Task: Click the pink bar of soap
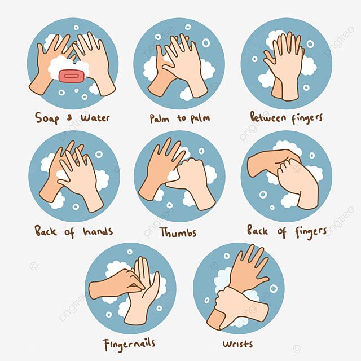coord(72,76)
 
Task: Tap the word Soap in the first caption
coord(47,118)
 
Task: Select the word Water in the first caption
coord(95,118)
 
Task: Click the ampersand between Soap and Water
coord(69,118)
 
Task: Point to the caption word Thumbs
coord(178,232)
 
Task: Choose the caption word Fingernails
coord(129,345)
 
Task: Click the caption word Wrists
coord(237,344)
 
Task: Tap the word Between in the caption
coord(268,117)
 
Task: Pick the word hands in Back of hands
coord(98,231)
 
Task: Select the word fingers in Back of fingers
coord(311,232)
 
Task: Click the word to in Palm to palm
coord(181,118)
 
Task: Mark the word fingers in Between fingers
coord(307,118)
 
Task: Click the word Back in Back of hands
coord(45,231)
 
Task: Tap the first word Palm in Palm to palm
coord(160,118)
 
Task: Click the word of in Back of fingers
coord(282,232)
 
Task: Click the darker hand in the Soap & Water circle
coord(51,62)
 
